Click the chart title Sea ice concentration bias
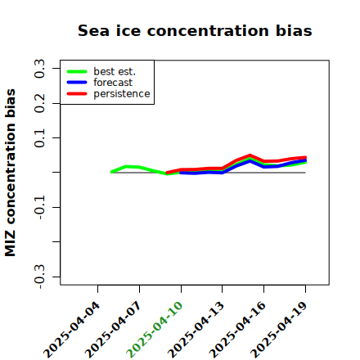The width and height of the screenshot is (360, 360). (195, 30)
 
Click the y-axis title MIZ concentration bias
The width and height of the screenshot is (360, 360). (11, 173)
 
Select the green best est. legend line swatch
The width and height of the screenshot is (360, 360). (77, 72)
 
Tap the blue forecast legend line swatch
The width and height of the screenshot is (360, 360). (77, 83)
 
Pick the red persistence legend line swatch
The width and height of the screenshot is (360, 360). (77, 94)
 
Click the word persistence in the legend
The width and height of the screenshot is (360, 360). (122, 94)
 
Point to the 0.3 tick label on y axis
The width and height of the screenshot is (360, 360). (40, 69)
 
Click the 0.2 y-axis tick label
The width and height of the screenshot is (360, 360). (40, 103)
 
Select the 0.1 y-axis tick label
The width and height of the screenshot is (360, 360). (40, 138)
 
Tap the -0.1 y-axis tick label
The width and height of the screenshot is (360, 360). (40, 208)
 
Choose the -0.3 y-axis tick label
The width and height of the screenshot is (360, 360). (40, 277)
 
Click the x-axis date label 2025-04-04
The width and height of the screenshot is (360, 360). (71, 330)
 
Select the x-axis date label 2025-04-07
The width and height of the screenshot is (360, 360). (113, 330)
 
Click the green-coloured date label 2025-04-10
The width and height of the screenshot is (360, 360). (155, 330)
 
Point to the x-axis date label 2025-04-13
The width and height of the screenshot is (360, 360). (196, 330)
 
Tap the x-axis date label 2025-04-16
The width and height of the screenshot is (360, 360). (237, 330)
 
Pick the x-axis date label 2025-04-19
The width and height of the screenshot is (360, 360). (279, 330)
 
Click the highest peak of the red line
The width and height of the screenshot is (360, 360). (250, 155)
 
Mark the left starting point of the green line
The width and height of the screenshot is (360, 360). (111, 172)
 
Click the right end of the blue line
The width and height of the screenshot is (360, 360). (305, 160)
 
